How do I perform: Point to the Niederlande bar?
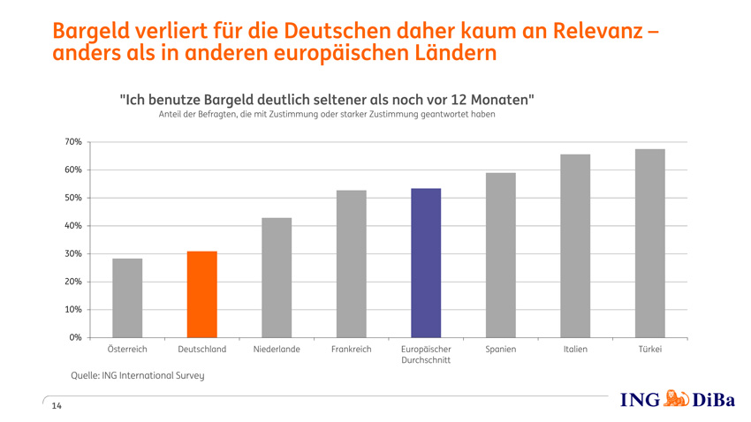coord(277,277)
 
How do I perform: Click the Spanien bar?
coord(501,255)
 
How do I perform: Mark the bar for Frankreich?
coord(352,264)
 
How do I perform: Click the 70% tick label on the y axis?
coord(72,142)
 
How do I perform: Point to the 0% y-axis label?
coord(75,337)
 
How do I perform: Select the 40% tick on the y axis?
coord(72,226)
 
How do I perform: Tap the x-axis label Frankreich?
coord(352,350)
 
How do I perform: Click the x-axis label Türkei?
coord(649,350)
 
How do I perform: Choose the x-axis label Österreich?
coord(127,350)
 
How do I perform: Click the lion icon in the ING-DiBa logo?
coord(676,399)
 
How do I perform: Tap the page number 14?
coord(57,406)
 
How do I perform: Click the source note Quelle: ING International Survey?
coord(137,376)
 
